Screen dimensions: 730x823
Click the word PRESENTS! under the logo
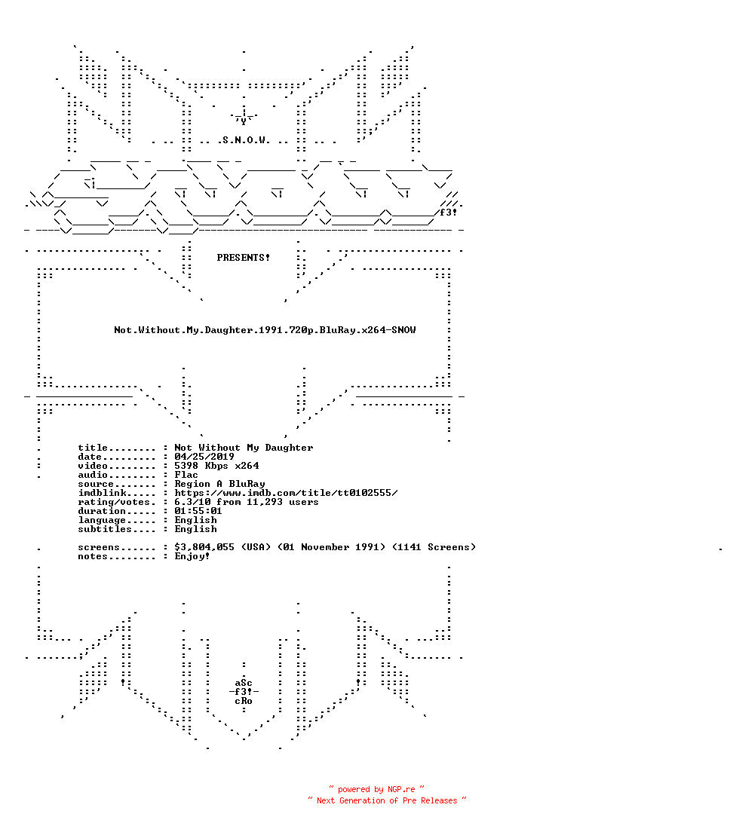tap(243, 258)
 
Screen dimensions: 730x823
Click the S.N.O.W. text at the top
tap(246, 140)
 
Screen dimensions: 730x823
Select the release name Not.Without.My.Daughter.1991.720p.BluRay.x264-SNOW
tap(265, 330)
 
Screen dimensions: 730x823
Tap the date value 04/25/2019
tap(204, 457)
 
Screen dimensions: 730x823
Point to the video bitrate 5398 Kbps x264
tap(216, 466)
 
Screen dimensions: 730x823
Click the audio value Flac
tap(186, 475)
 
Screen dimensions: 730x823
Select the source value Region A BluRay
tap(219, 484)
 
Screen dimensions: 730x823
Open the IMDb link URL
tap(286, 493)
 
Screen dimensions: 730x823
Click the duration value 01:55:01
tap(198, 511)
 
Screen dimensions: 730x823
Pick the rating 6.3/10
tap(192, 502)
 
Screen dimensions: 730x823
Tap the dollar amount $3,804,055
tap(204, 547)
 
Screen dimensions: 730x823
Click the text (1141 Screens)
tap(434, 547)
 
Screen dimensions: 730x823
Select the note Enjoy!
tap(192, 556)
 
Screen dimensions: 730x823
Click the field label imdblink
tap(102, 493)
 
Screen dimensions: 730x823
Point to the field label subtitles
tap(105, 529)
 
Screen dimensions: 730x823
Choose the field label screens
tap(99, 547)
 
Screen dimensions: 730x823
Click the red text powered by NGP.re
tap(376, 789)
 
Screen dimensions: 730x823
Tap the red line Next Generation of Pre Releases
tap(387, 800)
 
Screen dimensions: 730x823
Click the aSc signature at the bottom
tap(244, 683)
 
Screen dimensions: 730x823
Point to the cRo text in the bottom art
tap(244, 701)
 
